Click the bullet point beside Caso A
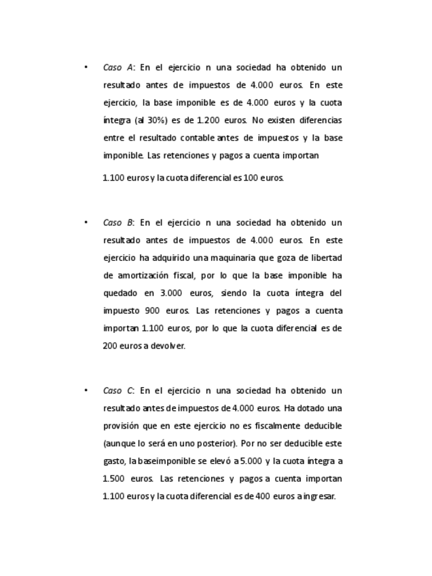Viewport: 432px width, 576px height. pyautogui.click(x=86, y=67)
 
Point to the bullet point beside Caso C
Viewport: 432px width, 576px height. pyautogui.click(x=86, y=391)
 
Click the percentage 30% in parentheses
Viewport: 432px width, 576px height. pyautogui.click(x=171, y=120)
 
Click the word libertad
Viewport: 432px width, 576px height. pyautogui.click(x=325, y=257)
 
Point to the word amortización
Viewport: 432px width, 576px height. pyautogui.click(x=152, y=275)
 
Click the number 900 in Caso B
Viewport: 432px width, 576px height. pyautogui.click(x=152, y=310)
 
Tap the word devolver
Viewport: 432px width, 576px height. pyautogui.click(x=168, y=346)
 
